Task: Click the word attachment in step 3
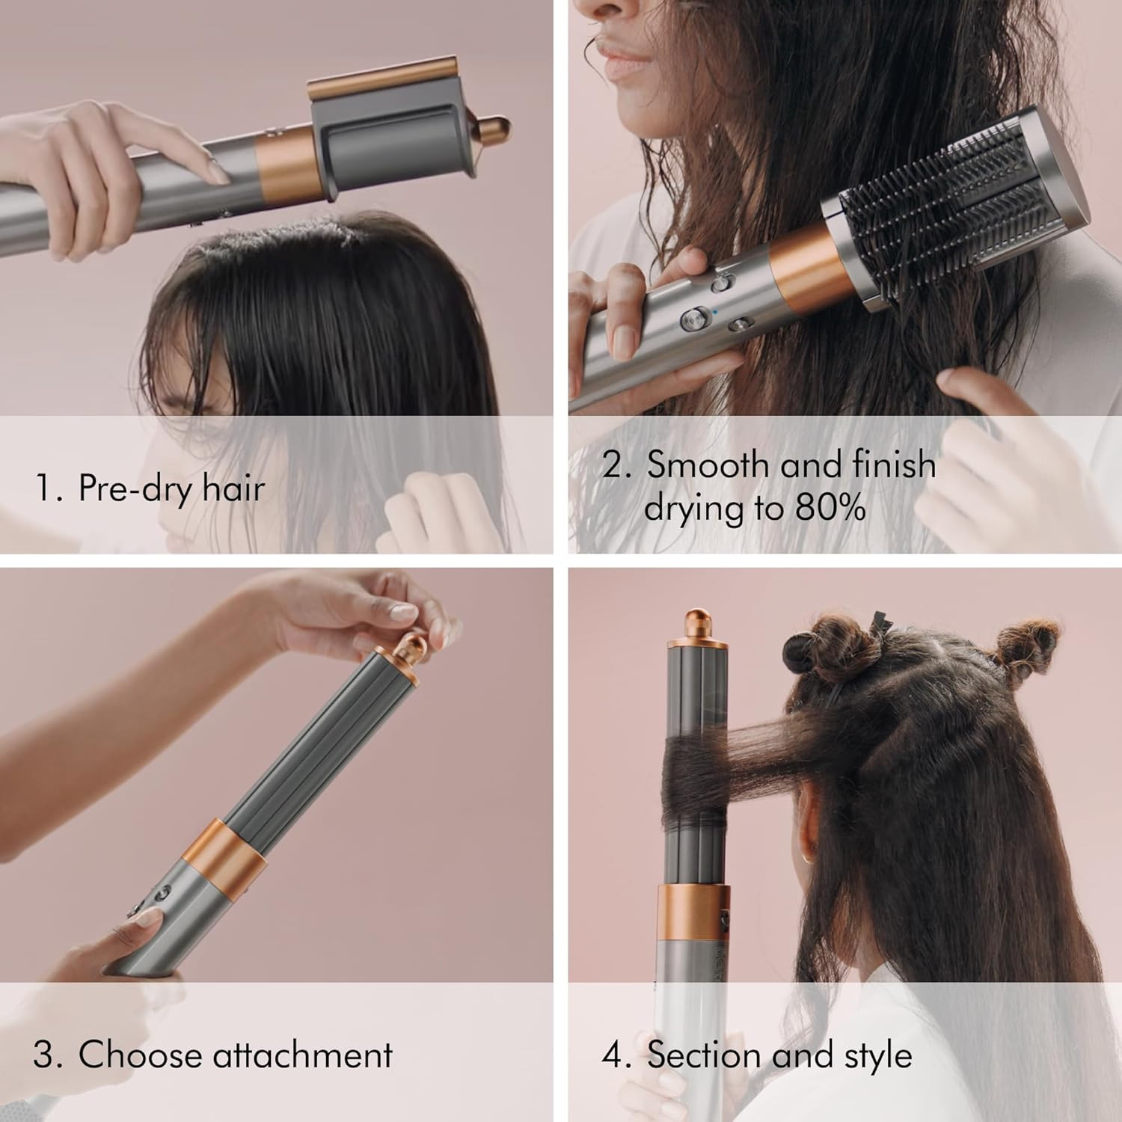click(x=302, y=1055)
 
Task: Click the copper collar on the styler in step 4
click(x=693, y=912)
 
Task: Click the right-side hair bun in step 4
click(x=1032, y=645)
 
